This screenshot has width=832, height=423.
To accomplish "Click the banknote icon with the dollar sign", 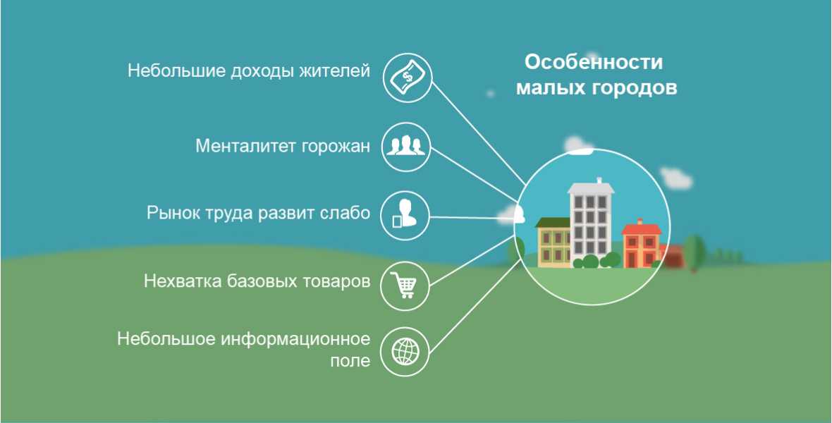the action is coord(407,78).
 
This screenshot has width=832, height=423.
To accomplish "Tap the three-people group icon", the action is coord(406,145).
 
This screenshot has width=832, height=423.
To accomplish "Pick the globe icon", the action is coord(405,351).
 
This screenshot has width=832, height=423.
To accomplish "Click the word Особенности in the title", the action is coord(594,62).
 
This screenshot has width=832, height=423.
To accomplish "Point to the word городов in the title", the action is coord(631,88).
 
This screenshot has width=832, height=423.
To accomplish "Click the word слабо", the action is coord(345,214).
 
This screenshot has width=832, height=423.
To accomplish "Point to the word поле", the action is coord(350,362).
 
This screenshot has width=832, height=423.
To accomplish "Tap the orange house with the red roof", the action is coord(642,244).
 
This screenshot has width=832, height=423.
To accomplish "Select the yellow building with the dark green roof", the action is coord(553,242).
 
